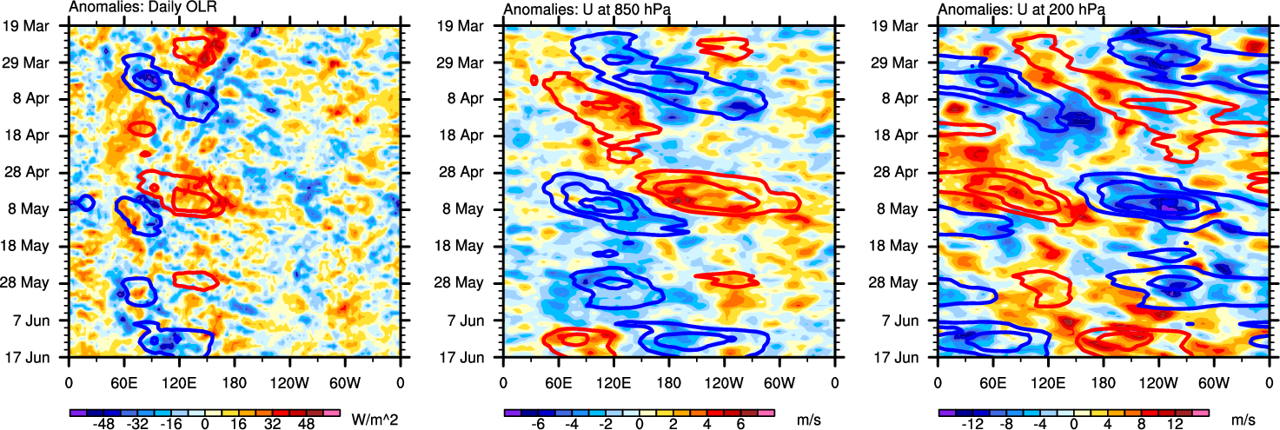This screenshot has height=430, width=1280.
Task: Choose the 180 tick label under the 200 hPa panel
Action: tap(1103, 382)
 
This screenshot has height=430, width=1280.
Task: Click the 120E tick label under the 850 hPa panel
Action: tap(613, 382)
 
